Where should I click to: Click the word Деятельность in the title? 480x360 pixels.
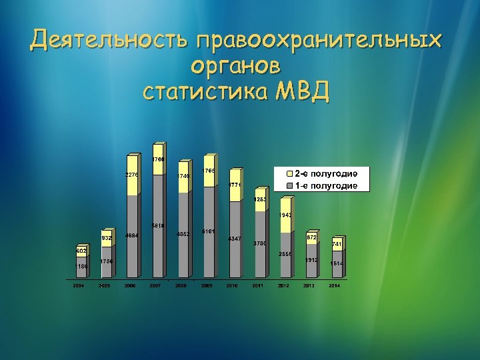109,41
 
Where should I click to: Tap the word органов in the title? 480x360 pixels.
235,66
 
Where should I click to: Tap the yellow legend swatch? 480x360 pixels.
289,173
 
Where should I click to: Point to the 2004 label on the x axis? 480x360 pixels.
79,286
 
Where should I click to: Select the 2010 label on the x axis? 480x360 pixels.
233,286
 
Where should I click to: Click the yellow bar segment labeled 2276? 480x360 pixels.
132,176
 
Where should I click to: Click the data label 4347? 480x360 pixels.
234,238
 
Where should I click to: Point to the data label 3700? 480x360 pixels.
259,243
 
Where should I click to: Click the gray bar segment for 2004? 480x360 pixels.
81,267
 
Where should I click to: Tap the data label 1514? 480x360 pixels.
337,263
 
